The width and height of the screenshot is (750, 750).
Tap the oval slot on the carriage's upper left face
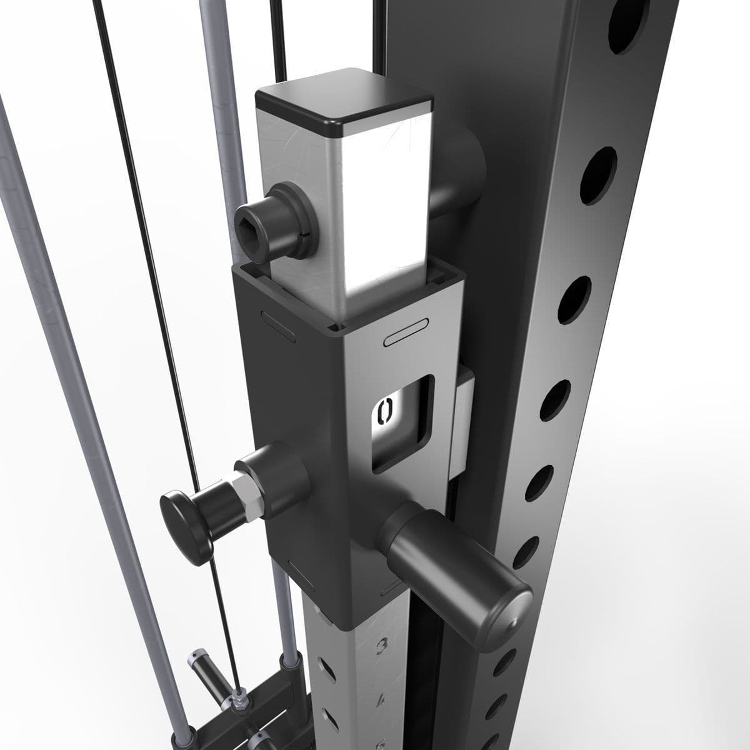tap(277, 325)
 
